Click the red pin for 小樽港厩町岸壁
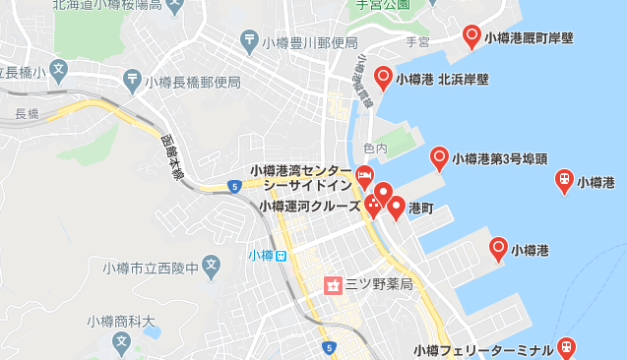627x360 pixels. point(471,36)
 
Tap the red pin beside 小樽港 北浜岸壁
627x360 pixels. point(383,76)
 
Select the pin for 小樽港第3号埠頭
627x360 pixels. point(440,156)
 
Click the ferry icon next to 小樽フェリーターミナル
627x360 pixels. point(566,346)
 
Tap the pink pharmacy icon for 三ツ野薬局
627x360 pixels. point(332,285)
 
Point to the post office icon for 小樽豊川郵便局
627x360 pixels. point(250,42)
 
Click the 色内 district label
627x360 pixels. point(375,149)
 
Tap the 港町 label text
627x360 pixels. point(421,209)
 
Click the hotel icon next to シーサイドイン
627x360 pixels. point(364,177)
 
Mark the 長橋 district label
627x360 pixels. point(27,114)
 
